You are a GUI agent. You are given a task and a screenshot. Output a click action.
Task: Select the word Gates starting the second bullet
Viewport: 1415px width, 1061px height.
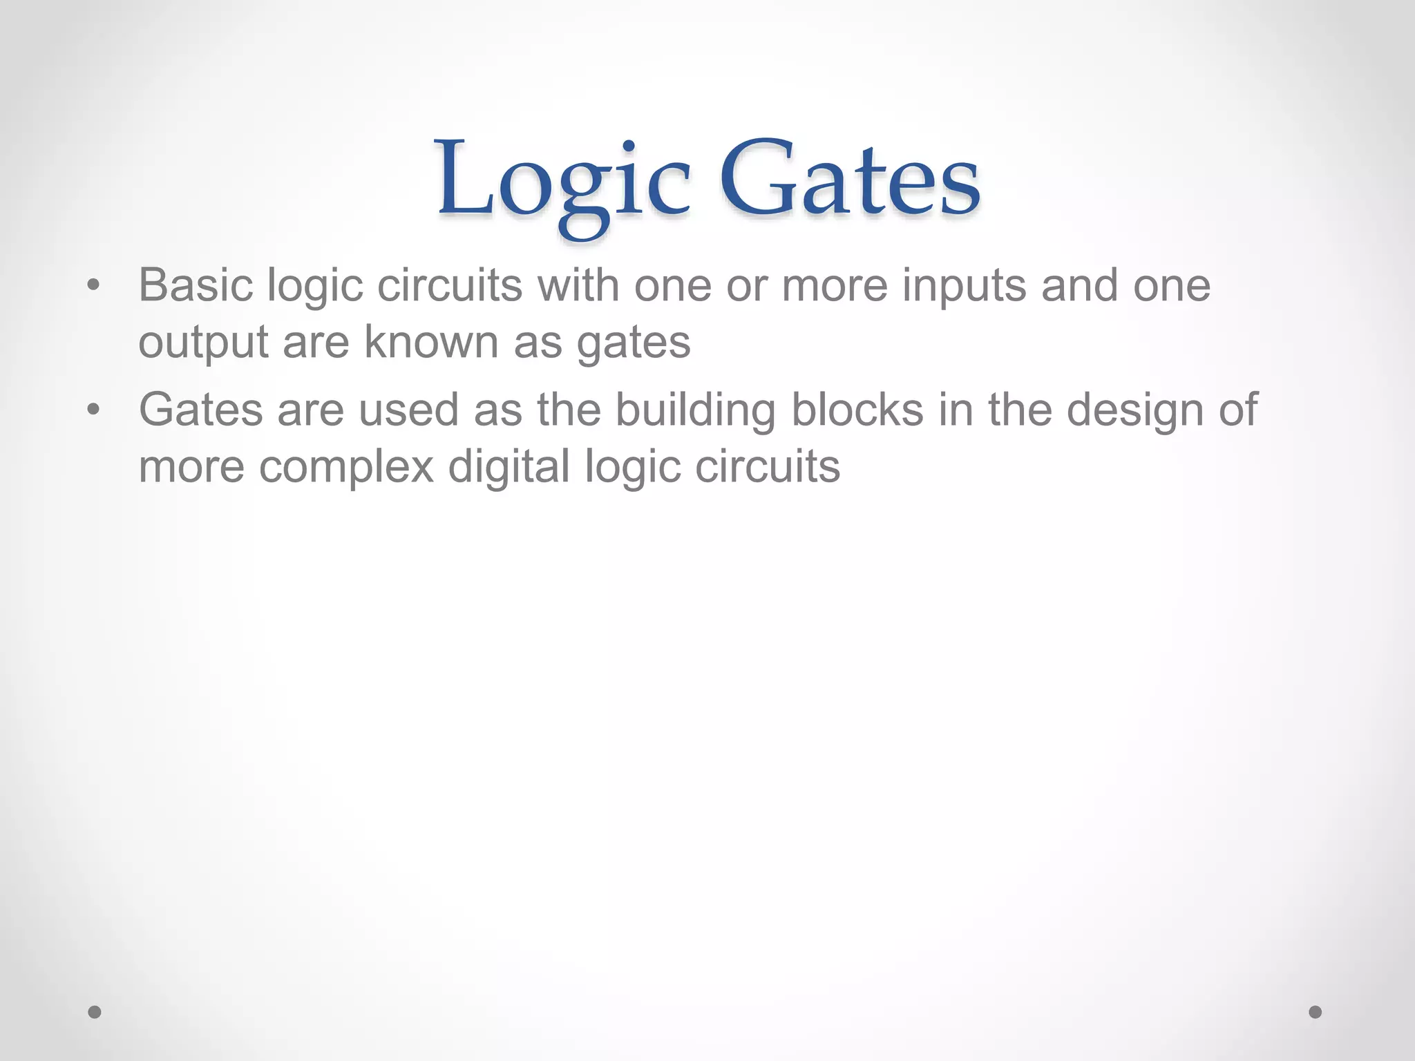[201, 410]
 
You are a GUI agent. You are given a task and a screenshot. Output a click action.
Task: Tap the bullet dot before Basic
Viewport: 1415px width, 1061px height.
[94, 285]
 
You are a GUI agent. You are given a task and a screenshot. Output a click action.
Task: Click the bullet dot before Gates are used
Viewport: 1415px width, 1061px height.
[94, 410]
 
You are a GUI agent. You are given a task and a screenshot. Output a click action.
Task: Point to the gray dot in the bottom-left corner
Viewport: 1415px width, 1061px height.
[95, 1012]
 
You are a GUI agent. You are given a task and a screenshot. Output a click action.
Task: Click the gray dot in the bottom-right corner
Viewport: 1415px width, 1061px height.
[1316, 1012]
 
